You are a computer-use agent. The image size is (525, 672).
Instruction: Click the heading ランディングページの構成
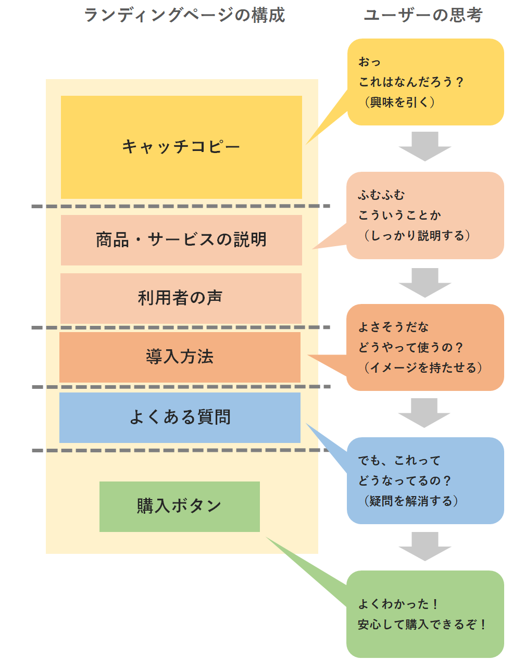pos(184,15)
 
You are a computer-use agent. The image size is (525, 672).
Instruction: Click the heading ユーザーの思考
pos(423,15)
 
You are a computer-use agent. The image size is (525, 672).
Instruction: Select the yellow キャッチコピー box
pos(181,147)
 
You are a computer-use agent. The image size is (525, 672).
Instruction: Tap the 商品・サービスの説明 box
pos(181,240)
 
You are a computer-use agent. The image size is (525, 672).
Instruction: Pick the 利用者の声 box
pos(181,298)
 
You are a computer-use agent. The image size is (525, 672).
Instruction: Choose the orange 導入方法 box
pos(180,357)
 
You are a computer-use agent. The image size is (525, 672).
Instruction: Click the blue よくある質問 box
pos(180,417)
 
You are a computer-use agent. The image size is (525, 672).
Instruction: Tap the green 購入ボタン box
pos(179,506)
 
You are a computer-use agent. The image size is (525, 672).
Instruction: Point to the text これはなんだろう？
pos(410,82)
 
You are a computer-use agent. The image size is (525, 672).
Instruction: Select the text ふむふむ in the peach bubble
pos(381,195)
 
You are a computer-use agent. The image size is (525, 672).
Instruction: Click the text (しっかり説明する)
pos(416,235)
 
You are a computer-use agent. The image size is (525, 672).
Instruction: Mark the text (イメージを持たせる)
pos(422,367)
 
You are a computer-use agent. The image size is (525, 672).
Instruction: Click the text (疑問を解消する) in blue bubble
pos(410,501)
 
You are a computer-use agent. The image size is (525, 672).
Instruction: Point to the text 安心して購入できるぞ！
pos(422,624)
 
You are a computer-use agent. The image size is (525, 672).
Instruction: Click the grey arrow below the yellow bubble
pos(424,146)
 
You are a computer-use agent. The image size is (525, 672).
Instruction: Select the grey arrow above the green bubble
pos(424,546)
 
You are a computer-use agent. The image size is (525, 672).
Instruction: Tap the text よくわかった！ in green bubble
pos(398,604)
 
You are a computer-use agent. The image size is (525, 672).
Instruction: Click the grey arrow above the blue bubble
pos(424,412)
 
